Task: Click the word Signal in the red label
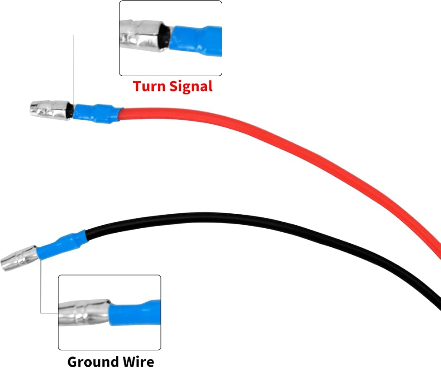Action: click(191, 86)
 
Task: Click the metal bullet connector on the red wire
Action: click(51, 110)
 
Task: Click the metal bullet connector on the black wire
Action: click(19, 258)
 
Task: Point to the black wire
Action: click(253, 225)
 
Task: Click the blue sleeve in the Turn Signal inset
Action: click(196, 41)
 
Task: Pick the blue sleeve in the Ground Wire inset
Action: click(135, 313)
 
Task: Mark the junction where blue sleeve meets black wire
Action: click(86, 236)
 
